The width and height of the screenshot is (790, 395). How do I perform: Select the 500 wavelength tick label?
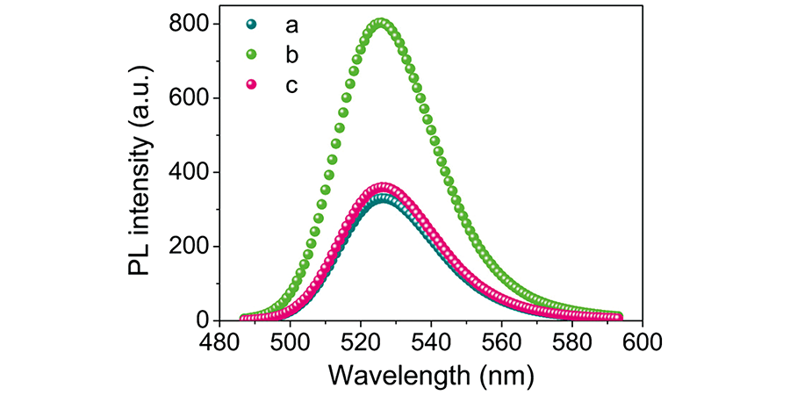click(x=290, y=342)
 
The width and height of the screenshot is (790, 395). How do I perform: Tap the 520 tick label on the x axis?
click(x=361, y=342)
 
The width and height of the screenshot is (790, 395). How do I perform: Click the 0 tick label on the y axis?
click(x=200, y=320)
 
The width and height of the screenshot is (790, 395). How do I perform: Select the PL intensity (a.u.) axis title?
click(x=140, y=172)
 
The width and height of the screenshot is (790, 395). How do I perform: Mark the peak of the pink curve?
click(x=383, y=187)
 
